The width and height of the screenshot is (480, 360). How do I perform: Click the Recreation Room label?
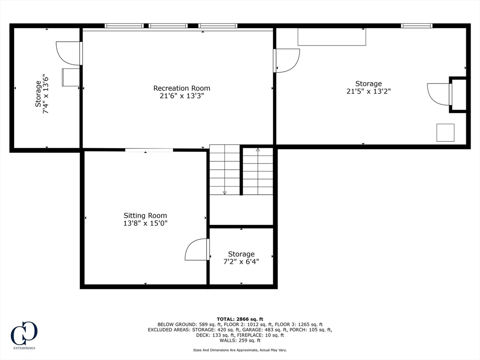[x=181, y=88]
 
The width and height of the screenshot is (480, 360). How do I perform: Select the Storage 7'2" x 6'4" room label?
[x=241, y=254]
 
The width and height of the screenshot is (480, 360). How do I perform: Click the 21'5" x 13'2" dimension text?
[x=368, y=91]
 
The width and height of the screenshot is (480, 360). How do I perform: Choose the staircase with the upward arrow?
[x=257, y=171]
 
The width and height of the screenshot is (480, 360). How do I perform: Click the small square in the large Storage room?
[x=445, y=133]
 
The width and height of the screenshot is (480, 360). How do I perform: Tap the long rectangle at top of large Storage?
[x=331, y=37]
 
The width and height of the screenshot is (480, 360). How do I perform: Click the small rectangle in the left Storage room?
[x=71, y=77]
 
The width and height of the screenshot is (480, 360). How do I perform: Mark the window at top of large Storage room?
[x=416, y=26]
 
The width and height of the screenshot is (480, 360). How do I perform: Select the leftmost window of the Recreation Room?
[x=124, y=26]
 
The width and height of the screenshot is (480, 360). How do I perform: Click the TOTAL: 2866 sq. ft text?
[x=240, y=319]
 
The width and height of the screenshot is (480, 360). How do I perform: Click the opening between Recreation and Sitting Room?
[x=149, y=150]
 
